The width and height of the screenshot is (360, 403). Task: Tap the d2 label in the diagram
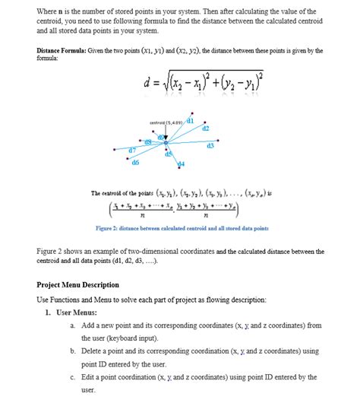205,129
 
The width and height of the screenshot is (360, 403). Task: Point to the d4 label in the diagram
181,164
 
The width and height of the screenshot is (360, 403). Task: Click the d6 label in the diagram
135,163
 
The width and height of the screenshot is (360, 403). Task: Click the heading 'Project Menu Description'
77,285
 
